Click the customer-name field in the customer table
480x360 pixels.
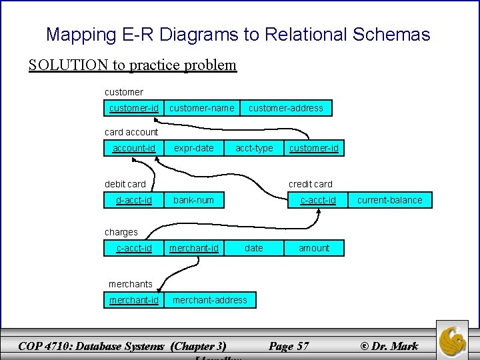201,108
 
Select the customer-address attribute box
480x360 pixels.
285,108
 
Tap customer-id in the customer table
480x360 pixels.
133,108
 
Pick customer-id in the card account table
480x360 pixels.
313,148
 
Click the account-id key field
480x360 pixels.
133,148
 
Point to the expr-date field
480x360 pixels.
194,148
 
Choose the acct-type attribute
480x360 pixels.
254,148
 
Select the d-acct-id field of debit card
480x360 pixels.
133,200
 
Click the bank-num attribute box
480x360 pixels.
193,200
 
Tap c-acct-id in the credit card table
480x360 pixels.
318,200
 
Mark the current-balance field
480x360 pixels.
389,200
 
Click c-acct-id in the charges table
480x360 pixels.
133,248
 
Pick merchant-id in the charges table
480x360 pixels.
193,248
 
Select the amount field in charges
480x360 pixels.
314,248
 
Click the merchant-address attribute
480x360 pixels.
209,300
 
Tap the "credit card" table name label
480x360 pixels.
310,184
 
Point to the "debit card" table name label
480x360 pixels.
125,184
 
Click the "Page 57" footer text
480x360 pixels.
289,345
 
